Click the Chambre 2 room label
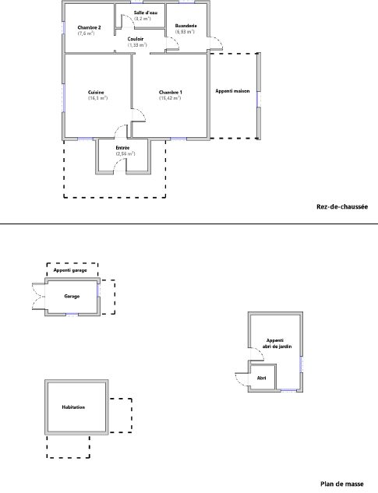[x=89, y=28]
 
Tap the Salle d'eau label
[x=146, y=13]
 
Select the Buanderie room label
[x=186, y=26]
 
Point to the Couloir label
[x=136, y=39]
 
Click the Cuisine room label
[x=96, y=93]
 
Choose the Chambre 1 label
[x=170, y=93]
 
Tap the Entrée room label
[x=122, y=148]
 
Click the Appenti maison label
[x=232, y=91]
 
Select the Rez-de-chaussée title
[x=342, y=206]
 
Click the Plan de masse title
[x=342, y=484]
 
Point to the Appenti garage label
[x=70, y=270]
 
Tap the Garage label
[x=72, y=296]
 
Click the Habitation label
[x=73, y=407]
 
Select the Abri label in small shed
[x=262, y=378]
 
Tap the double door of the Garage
[x=38, y=296]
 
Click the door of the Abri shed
[x=242, y=379]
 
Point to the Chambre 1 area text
[x=170, y=98]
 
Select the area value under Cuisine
[x=98, y=98]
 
